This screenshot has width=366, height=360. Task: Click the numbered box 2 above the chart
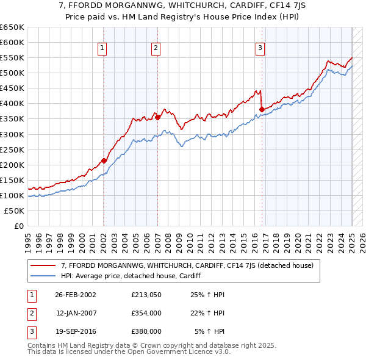click(156, 48)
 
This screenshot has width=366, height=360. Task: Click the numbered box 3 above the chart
click(260, 48)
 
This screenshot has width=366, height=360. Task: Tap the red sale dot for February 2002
click(104, 160)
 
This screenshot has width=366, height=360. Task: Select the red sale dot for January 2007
click(157, 117)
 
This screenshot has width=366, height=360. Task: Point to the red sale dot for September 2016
click(262, 110)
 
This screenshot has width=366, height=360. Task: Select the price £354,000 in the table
click(146, 313)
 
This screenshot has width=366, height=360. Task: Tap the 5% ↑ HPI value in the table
click(209, 331)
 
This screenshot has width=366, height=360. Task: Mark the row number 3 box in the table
click(30, 331)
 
